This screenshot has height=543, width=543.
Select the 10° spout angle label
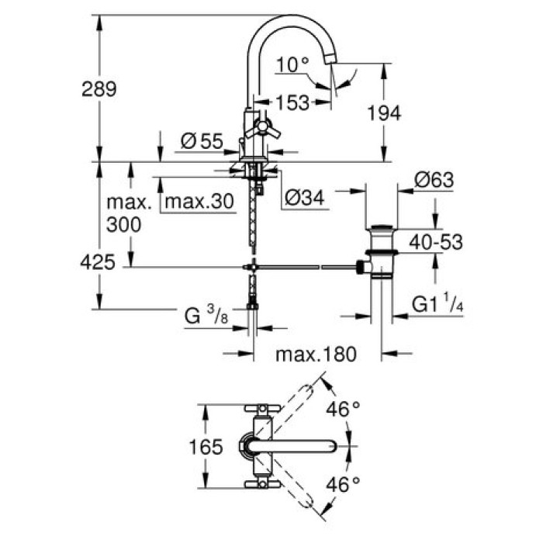point(292,64)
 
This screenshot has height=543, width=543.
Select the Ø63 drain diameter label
point(434,180)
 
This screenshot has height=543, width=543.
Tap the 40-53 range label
point(436,243)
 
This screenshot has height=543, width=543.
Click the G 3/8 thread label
point(204,316)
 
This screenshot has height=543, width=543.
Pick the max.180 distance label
point(315,355)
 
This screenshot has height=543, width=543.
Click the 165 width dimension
point(206,447)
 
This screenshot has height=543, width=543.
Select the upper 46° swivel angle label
point(344,408)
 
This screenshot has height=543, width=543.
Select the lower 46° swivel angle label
point(344,485)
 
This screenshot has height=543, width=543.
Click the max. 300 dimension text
point(128,215)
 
